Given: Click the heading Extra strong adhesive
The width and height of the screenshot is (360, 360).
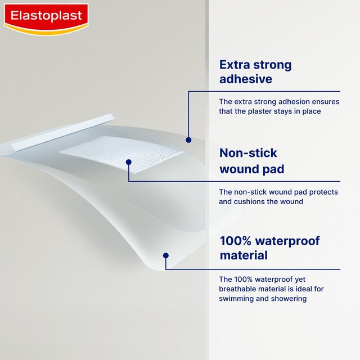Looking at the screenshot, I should click(255, 71).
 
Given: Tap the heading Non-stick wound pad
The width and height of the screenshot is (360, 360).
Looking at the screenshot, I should click(251, 160).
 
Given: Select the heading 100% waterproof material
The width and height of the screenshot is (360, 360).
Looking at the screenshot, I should click(269, 248).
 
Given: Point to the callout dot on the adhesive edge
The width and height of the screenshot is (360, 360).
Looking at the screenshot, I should click(188, 139).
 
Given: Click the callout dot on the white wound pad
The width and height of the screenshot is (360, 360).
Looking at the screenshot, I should click(129, 162).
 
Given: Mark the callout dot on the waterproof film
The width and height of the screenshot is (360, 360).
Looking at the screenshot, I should click(165, 255).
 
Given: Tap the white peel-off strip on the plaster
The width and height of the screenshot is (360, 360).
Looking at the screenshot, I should click(62, 133).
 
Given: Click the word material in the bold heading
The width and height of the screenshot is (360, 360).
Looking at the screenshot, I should click(243, 255).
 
